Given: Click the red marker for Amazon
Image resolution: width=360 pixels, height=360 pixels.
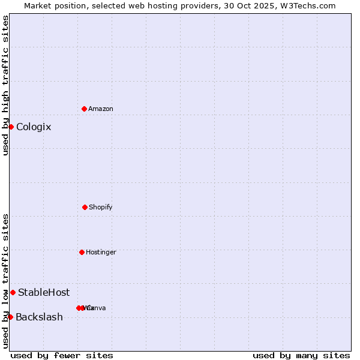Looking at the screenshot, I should (x=84, y=109).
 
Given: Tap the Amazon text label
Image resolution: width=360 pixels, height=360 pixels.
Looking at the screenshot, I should (x=101, y=109).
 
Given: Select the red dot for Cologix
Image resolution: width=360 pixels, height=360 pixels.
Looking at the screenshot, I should (x=11, y=127).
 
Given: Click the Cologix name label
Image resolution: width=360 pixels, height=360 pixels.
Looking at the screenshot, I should (x=34, y=127).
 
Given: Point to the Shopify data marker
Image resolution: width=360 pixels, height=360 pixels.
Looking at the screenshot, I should (x=85, y=207).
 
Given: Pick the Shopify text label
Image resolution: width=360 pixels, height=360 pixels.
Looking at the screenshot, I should (x=101, y=208).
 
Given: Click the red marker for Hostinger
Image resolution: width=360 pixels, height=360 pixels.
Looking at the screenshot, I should (x=82, y=252).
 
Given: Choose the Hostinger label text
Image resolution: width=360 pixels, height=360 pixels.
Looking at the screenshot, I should (x=101, y=253).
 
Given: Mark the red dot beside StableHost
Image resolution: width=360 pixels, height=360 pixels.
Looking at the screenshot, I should (x=13, y=292).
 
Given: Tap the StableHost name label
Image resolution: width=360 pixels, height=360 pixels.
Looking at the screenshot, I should (x=44, y=293).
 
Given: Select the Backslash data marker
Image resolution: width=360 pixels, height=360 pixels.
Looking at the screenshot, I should (x=10, y=317).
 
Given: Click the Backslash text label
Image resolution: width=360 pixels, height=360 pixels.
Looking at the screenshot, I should (x=39, y=317).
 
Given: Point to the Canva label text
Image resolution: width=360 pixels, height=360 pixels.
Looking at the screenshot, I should (x=97, y=308).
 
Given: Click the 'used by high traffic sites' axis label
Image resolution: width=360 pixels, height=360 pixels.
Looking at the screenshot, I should (x=5, y=85).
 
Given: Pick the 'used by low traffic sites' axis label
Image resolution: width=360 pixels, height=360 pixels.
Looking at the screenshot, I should (x=5, y=281).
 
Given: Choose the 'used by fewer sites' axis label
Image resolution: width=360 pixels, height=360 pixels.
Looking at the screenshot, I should (x=62, y=355).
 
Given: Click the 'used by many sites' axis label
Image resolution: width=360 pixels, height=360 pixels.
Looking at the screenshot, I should (x=301, y=355).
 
